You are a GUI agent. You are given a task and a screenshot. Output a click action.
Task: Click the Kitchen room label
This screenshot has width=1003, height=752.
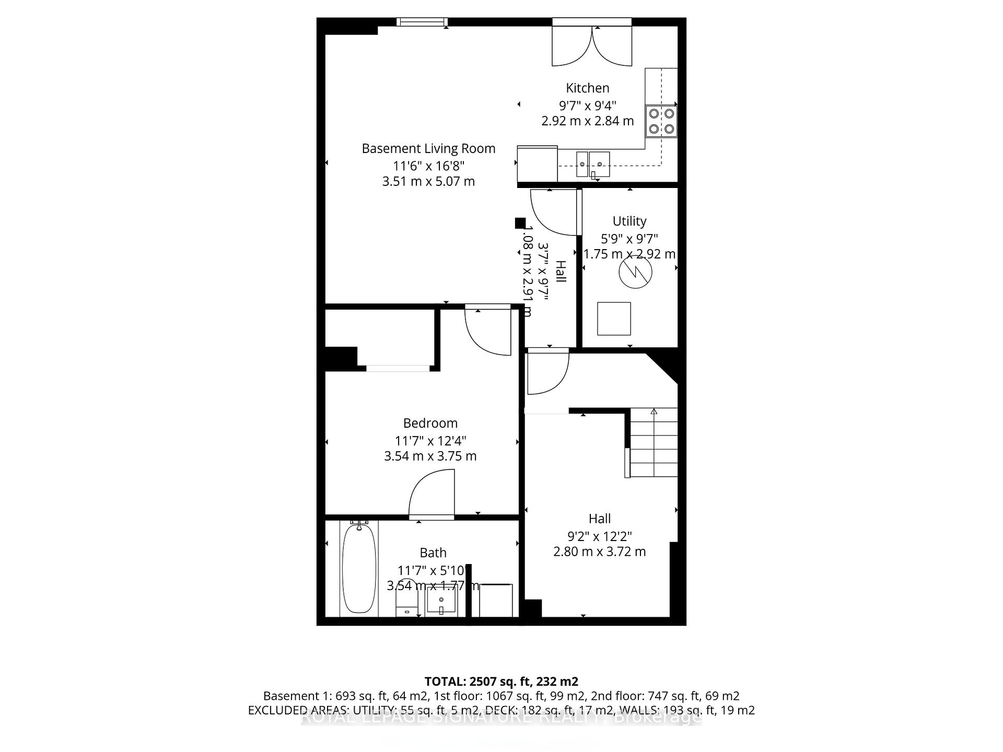587,88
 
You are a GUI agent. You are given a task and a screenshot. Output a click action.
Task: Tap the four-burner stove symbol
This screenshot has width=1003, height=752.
661,121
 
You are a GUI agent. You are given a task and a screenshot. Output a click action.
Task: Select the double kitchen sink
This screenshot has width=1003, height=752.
593,164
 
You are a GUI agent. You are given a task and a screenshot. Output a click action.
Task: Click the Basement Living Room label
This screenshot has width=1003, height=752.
428,149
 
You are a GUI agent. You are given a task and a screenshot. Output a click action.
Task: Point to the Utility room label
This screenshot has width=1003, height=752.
629,221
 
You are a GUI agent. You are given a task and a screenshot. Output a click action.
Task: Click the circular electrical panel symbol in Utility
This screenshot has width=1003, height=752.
635,272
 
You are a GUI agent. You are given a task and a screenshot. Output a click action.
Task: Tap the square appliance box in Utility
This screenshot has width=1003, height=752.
614,319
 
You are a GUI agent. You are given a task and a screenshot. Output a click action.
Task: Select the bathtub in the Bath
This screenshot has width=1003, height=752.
359,568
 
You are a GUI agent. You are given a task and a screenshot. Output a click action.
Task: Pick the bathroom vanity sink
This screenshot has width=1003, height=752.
441,601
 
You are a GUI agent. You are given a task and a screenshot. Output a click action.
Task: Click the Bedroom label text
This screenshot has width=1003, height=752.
430,424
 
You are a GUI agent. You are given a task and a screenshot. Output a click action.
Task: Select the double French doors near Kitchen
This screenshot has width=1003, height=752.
592,46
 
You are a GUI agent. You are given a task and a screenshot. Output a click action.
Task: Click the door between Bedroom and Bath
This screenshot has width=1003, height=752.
432,494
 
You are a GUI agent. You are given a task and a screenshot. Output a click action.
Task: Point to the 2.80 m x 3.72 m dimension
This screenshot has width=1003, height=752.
599,552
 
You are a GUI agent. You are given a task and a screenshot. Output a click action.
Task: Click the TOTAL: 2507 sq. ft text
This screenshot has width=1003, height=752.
500,681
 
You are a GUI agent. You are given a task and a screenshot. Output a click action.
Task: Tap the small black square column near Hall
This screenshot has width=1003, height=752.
520,223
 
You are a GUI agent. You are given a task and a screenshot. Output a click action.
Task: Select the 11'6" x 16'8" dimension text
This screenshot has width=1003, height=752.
428,166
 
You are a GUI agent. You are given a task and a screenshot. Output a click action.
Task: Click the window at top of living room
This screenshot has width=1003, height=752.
422,21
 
